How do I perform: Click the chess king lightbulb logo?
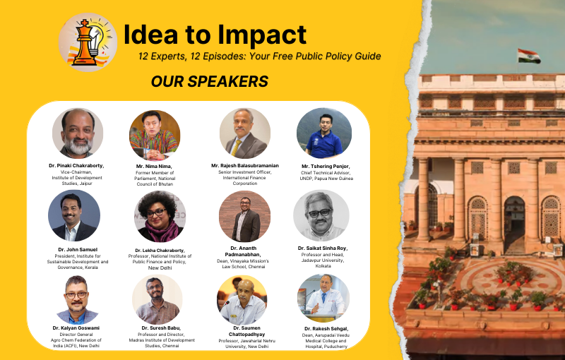point(88,42)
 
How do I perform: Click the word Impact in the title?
point(262,35)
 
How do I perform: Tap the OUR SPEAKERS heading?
point(209,81)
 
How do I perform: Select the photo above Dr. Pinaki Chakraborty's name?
point(78,133)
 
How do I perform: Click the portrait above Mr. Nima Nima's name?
point(155,135)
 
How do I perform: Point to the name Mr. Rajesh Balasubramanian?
point(245,166)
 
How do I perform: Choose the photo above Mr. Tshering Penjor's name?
point(324,133)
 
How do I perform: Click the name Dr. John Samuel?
point(78,249)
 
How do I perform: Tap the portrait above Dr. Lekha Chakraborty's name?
point(160,217)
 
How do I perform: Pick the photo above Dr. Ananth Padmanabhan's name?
point(244,217)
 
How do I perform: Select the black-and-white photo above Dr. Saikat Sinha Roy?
point(321,215)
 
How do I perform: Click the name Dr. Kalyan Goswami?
point(76,328)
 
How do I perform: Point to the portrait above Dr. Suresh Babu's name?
point(157,300)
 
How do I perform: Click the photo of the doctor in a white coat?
point(323,299)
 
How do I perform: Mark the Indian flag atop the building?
point(529,56)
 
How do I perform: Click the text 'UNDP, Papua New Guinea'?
point(326,178)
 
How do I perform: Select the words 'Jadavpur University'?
point(323,260)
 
